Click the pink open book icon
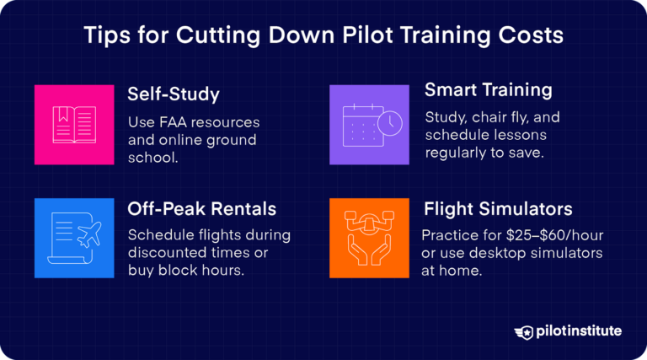point(74,124)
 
